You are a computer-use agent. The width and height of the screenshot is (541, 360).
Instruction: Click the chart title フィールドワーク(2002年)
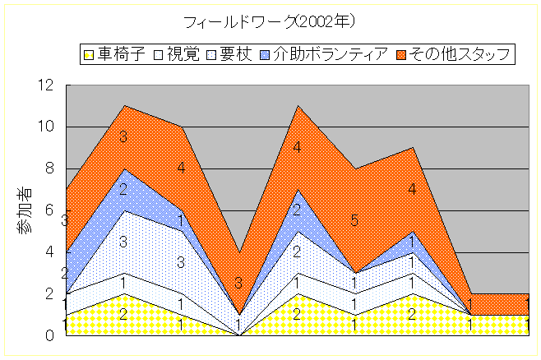(x=270, y=20)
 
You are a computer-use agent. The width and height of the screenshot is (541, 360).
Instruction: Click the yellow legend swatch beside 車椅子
(x=88, y=55)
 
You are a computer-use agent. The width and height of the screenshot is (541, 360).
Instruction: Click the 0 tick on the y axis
(x=50, y=335)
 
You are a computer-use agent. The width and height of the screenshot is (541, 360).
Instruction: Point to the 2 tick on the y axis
(x=50, y=293)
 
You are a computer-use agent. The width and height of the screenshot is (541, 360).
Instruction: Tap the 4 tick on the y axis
(x=50, y=252)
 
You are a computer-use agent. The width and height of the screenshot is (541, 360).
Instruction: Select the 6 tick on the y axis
(x=50, y=210)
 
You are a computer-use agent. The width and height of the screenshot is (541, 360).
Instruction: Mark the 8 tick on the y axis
(x=50, y=168)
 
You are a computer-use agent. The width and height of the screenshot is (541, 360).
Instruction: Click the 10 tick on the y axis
(x=47, y=127)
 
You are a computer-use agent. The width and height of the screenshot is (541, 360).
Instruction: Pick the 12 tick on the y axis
(x=47, y=85)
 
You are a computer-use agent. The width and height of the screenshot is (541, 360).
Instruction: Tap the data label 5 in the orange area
(x=354, y=220)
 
